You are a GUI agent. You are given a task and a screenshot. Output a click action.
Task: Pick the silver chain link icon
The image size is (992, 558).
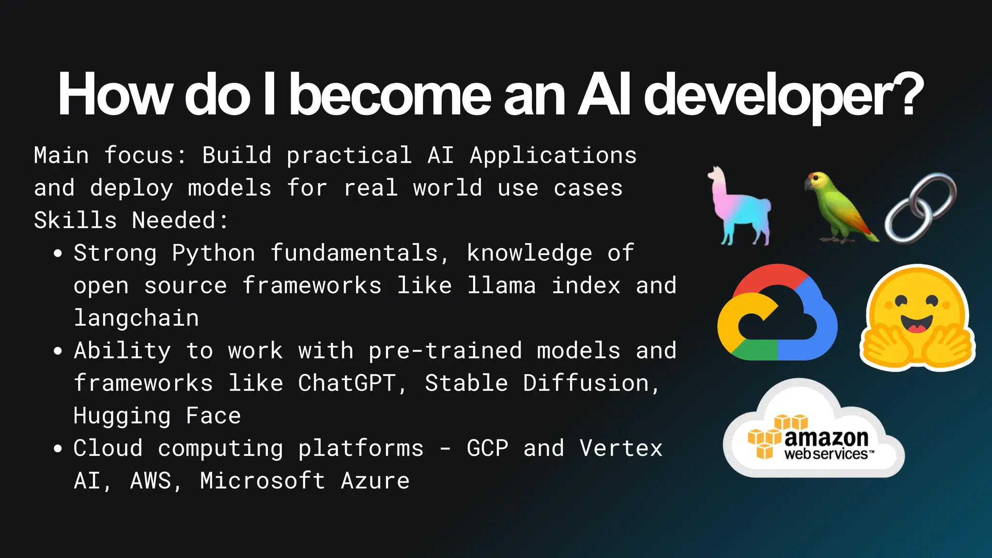pyautogui.click(x=920, y=208)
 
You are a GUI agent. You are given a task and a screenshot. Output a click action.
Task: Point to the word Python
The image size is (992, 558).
pyautogui.click(x=214, y=253)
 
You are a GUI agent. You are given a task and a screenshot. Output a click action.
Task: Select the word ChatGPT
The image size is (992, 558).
pyautogui.click(x=347, y=383)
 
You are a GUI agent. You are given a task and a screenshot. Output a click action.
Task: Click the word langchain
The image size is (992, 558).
pyautogui.click(x=136, y=318)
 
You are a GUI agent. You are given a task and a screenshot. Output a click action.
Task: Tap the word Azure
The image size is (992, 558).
pyautogui.click(x=375, y=481)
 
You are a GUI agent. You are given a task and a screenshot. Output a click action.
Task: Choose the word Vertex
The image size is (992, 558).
pyautogui.click(x=621, y=448)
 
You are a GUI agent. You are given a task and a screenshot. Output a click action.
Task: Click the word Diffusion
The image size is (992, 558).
pyautogui.click(x=586, y=383)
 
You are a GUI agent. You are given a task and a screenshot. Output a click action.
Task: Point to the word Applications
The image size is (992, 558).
pyautogui.click(x=553, y=155)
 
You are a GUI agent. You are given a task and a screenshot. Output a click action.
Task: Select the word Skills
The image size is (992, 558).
pyautogui.click(x=76, y=220)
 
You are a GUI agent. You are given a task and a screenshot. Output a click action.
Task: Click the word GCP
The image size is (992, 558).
pyautogui.click(x=487, y=448)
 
